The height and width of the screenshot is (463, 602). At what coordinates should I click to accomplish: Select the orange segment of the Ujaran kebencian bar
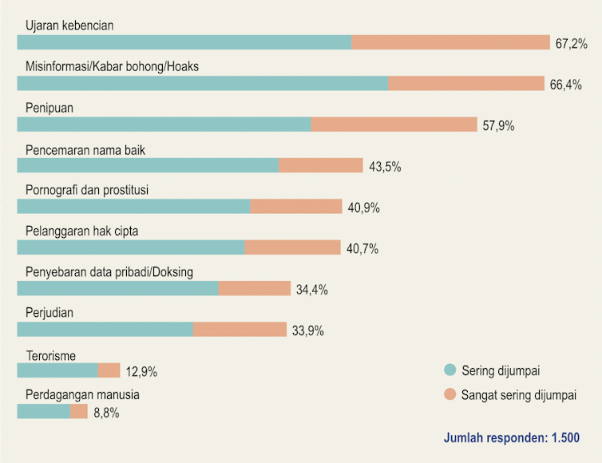[x=450, y=42]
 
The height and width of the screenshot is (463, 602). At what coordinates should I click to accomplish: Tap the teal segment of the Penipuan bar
[x=164, y=125]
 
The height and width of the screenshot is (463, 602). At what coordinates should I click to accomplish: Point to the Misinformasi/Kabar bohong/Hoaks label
[x=112, y=66]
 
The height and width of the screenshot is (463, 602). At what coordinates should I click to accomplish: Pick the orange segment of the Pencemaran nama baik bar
[x=321, y=165]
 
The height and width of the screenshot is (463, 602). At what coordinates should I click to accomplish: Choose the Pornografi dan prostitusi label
[x=87, y=189]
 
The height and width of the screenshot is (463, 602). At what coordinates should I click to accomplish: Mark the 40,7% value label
[x=362, y=249]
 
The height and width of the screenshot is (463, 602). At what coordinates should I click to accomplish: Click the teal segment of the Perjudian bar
[x=105, y=330]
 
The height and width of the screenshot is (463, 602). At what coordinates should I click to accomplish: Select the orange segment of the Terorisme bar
[x=109, y=370]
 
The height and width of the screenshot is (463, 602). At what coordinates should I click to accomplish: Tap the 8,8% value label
[x=107, y=413]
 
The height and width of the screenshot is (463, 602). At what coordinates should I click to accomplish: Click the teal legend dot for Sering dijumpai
[x=450, y=370]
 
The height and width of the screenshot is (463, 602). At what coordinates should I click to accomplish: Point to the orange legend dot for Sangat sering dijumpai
[x=450, y=394]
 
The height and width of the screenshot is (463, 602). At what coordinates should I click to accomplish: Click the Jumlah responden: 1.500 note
[x=512, y=438]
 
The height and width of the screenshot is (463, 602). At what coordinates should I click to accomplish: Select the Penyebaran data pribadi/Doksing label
[x=109, y=271]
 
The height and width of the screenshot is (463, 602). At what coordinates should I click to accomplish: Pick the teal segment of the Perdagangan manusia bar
[x=43, y=412]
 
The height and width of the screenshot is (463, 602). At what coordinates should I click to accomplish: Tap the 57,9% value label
[x=499, y=125]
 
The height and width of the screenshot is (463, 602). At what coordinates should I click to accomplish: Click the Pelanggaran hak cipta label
[x=82, y=231]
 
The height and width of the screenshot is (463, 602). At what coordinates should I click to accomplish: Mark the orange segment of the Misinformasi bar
[x=466, y=84]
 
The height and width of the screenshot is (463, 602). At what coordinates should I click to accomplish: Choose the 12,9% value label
[x=141, y=371]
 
